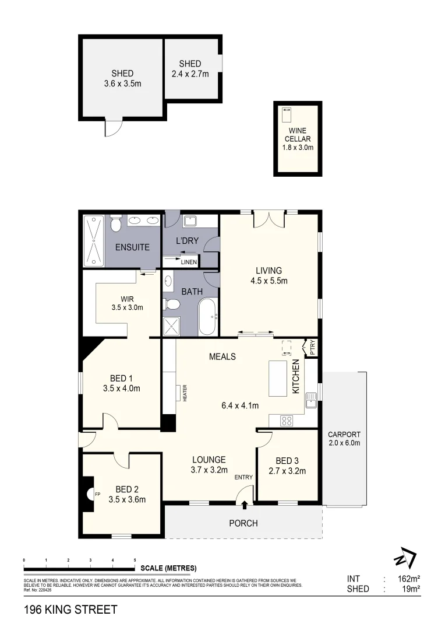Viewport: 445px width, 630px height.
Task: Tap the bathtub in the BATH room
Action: click(207, 317)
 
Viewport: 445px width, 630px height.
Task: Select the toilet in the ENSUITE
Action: click(116, 224)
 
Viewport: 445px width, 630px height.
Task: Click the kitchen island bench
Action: click(278, 378)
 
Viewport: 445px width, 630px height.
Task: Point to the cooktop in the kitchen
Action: click(287, 419)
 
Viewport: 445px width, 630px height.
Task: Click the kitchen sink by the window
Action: click(311, 400)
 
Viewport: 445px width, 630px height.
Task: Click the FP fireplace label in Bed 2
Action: click(98, 494)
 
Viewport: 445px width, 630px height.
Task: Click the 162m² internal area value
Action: click(408, 579)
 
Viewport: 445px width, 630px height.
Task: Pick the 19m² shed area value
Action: click(411, 589)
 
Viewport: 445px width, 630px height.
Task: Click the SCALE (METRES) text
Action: click(168, 568)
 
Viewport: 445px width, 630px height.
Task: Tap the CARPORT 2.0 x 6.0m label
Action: click(344, 439)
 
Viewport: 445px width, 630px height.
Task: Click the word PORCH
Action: click(243, 523)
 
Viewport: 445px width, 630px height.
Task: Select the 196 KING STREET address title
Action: click(70, 610)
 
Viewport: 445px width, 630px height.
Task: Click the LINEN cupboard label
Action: click(189, 262)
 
